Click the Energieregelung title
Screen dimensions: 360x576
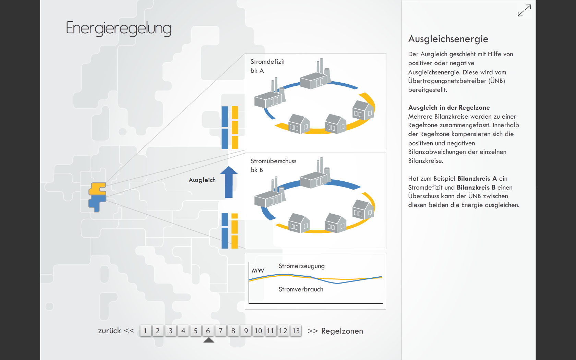[119, 28]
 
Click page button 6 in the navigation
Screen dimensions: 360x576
[208, 331]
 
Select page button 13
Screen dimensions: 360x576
[296, 331]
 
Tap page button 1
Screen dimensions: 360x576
[145, 331]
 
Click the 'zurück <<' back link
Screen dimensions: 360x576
[116, 331]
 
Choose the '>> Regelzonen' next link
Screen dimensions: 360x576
[335, 331]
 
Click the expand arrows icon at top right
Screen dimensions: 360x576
[524, 10]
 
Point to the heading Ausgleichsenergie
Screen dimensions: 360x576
[448, 39]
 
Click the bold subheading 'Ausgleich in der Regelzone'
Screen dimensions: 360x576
[449, 108]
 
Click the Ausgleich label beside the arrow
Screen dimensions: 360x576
[202, 180]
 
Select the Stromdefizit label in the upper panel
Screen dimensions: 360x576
[267, 62]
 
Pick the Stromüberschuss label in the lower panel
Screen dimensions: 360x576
[273, 161]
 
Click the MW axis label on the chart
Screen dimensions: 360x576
[258, 271]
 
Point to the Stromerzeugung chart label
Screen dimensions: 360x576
[301, 266]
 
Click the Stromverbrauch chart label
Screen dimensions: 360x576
[301, 289]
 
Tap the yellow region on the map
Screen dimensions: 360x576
[97, 189]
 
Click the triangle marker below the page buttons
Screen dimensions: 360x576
[209, 340]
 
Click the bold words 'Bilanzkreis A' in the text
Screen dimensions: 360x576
[477, 179]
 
